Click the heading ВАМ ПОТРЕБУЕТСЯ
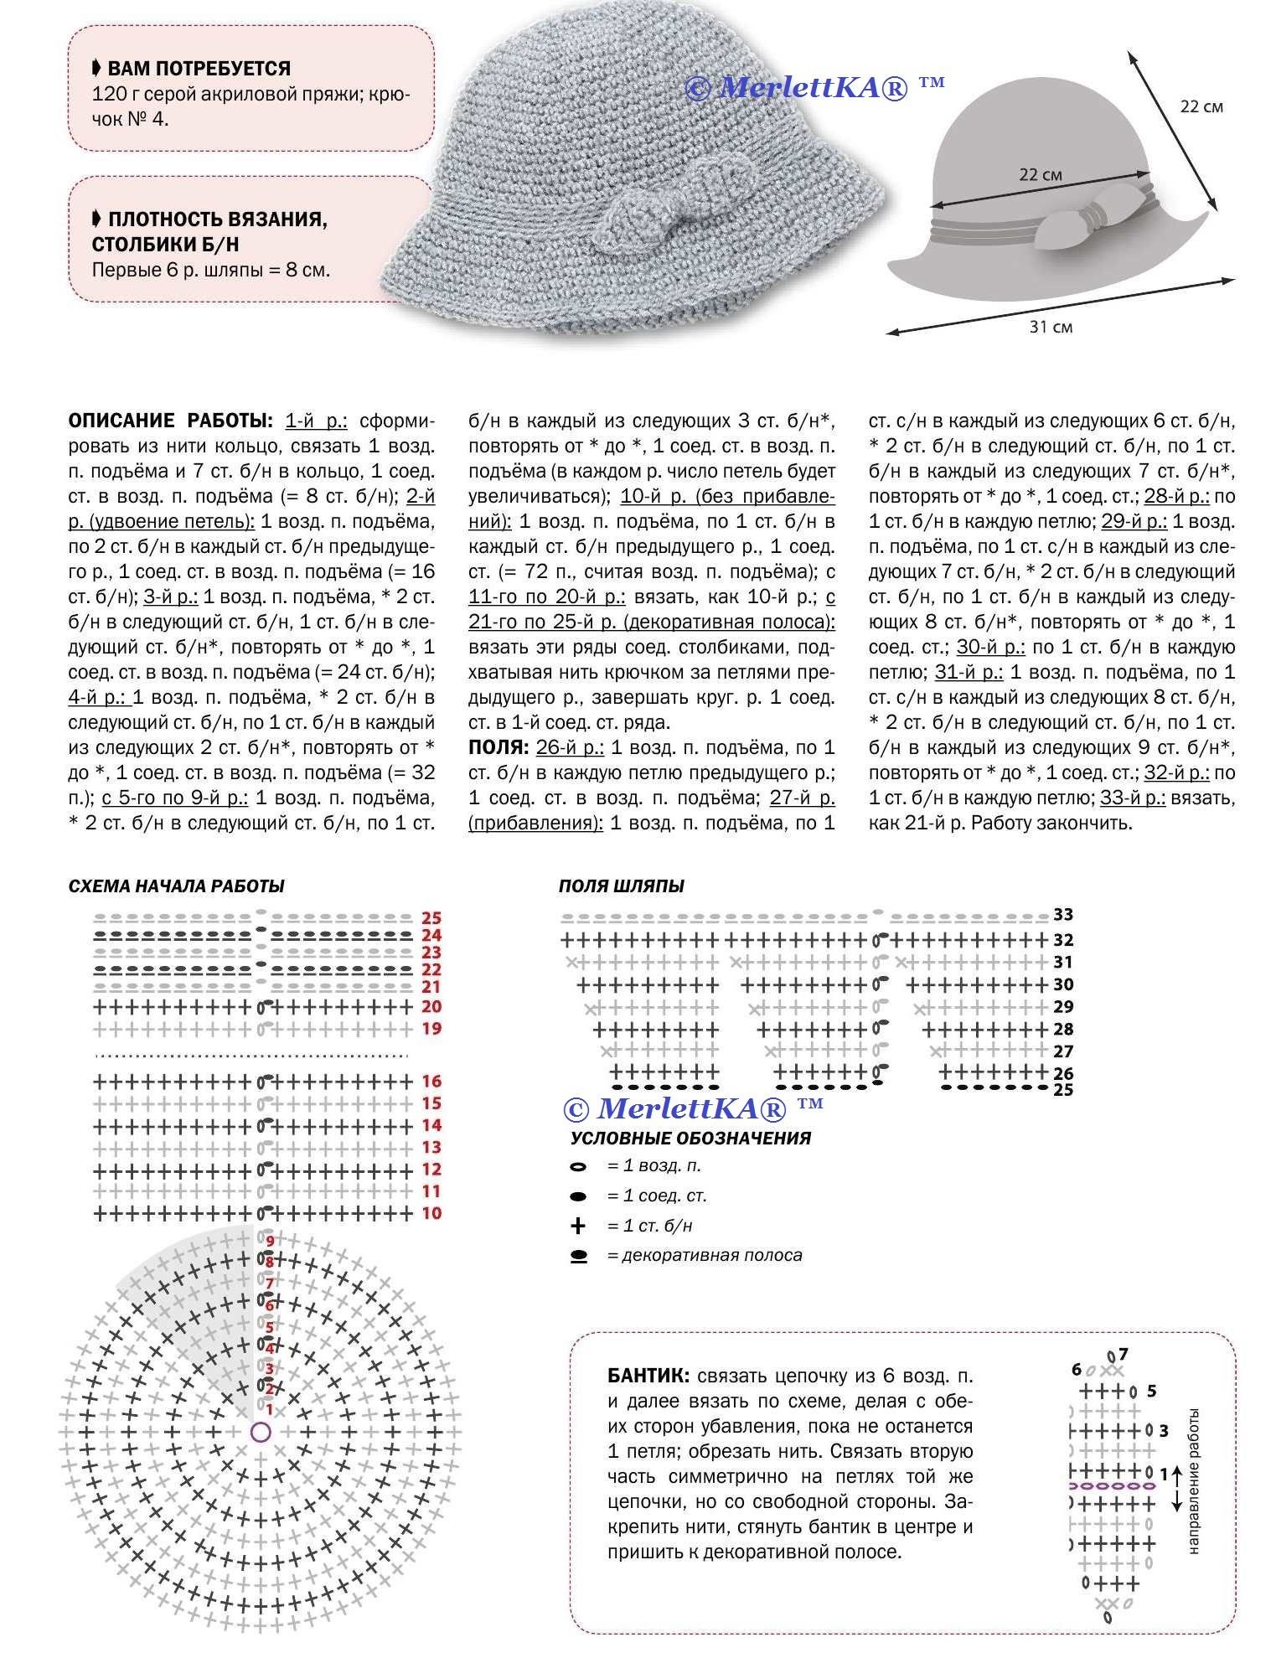coord(199,69)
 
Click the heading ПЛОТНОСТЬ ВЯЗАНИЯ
coord(217,220)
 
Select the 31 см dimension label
coord(1051,327)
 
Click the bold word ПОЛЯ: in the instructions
coord(499,747)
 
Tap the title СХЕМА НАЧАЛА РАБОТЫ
coord(176,886)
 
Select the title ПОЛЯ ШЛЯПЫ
coord(622,886)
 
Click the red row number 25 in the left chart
coord(431,918)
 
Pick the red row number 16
coord(431,1082)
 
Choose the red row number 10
coord(431,1213)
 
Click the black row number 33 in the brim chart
coord(1063,914)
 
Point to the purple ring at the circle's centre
coord(261,1432)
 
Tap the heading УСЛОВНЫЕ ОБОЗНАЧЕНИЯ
coord(690,1139)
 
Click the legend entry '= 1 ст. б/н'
coord(650,1226)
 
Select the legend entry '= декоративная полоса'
coord(704,1255)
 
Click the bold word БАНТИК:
coord(648,1376)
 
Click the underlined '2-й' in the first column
coord(421,496)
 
